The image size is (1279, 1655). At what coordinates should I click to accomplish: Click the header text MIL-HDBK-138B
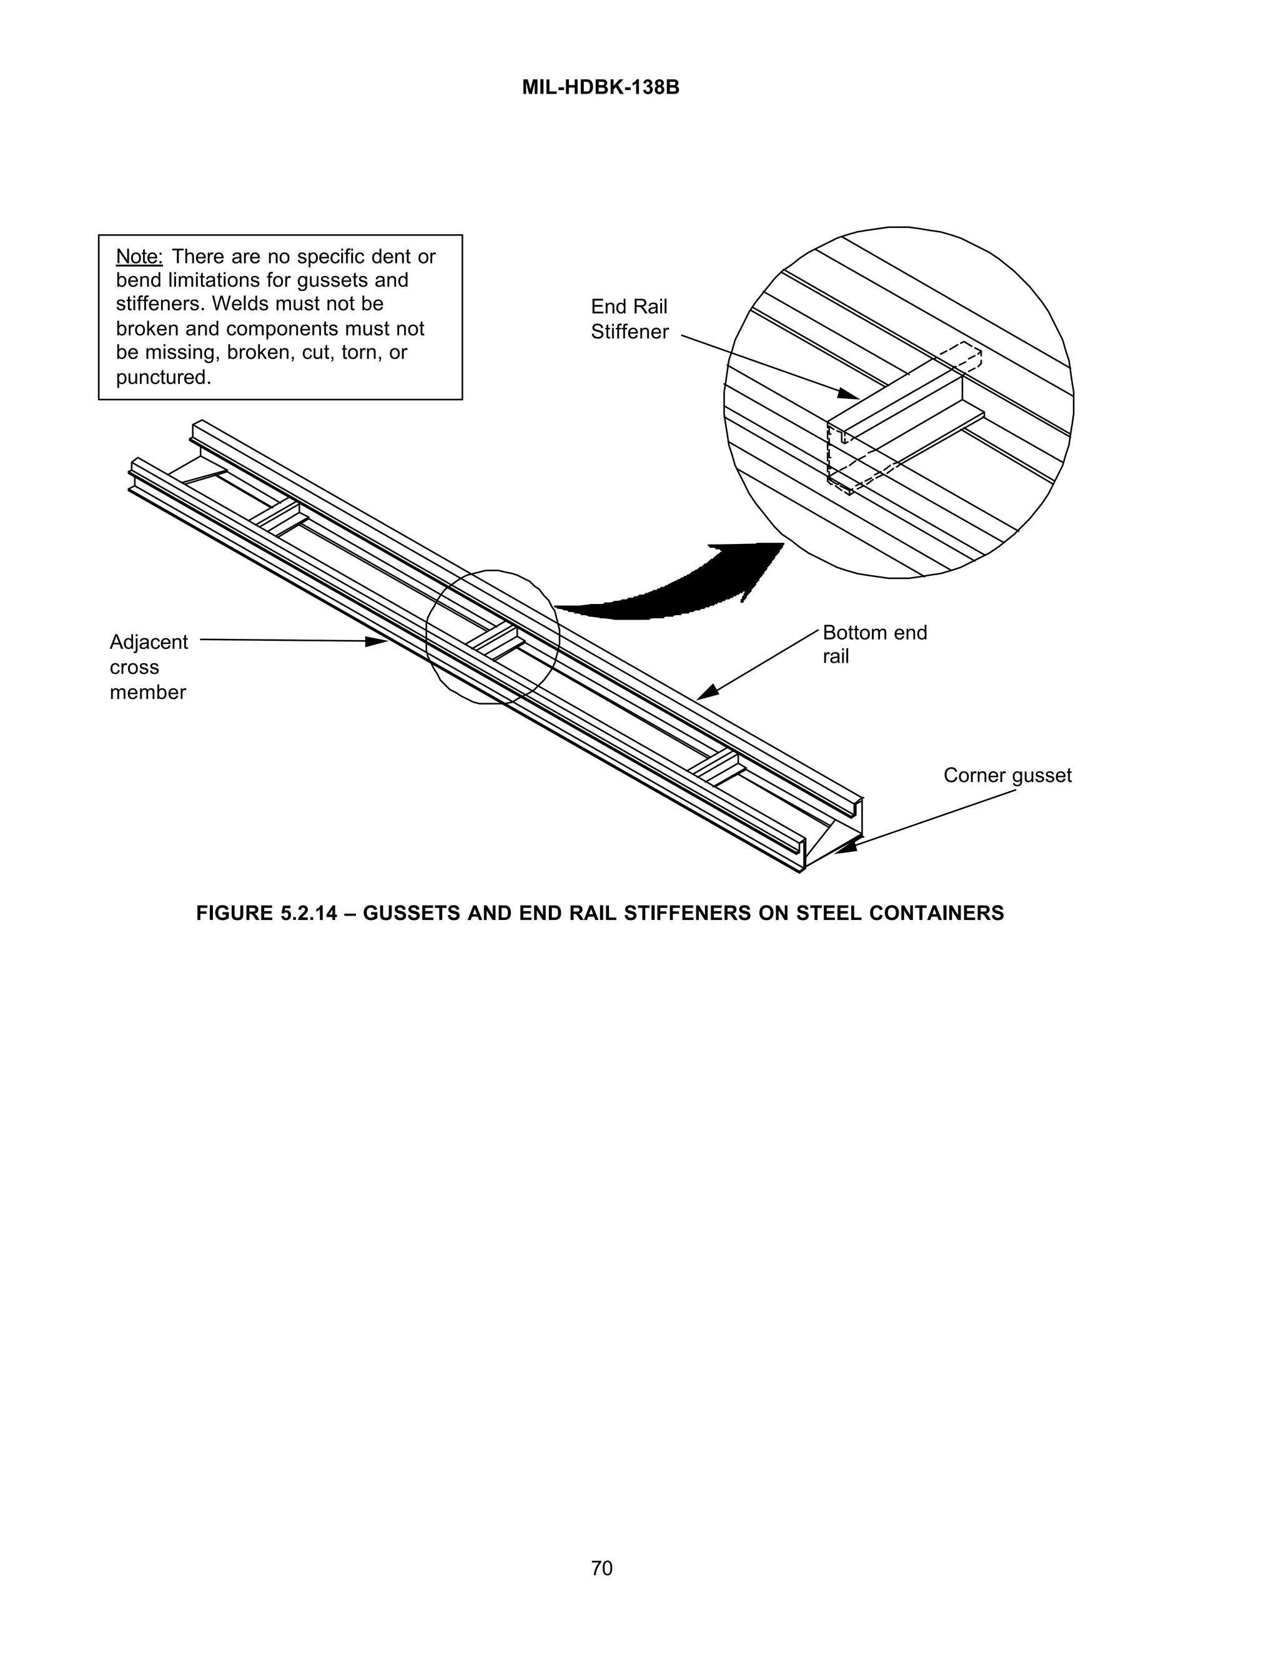[x=600, y=88]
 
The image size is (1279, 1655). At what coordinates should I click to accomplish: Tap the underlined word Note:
[x=139, y=257]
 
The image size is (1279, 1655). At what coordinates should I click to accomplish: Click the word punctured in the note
[x=162, y=377]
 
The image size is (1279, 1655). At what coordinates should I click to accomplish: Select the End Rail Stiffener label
[x=629, y=319]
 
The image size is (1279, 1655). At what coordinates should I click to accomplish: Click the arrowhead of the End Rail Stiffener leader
[x=850, y=394]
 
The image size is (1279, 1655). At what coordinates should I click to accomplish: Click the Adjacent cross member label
[x=148, y=667]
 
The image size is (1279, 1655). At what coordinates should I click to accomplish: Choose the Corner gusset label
[x=1006, y=775]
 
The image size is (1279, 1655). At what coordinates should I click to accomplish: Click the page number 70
[x=601, y=1568]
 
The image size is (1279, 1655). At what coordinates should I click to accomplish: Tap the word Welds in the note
[x=237, y=305]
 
